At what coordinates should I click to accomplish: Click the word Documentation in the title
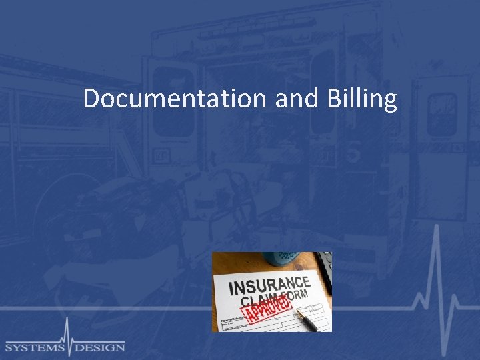pos(175,99)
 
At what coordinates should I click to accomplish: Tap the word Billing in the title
pos(362,100)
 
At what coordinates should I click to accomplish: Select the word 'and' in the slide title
pos(297,99)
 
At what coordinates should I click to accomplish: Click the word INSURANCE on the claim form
pos(269,285)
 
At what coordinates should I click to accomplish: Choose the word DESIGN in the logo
pos(99,347)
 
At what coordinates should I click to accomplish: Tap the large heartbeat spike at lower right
pos(437,287)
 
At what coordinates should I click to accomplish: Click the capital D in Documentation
pos(91,99)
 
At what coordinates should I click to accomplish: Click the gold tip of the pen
pos(298,312)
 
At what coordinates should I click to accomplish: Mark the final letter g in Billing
pos(391,102)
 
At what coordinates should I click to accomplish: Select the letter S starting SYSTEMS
pos(9,347)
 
